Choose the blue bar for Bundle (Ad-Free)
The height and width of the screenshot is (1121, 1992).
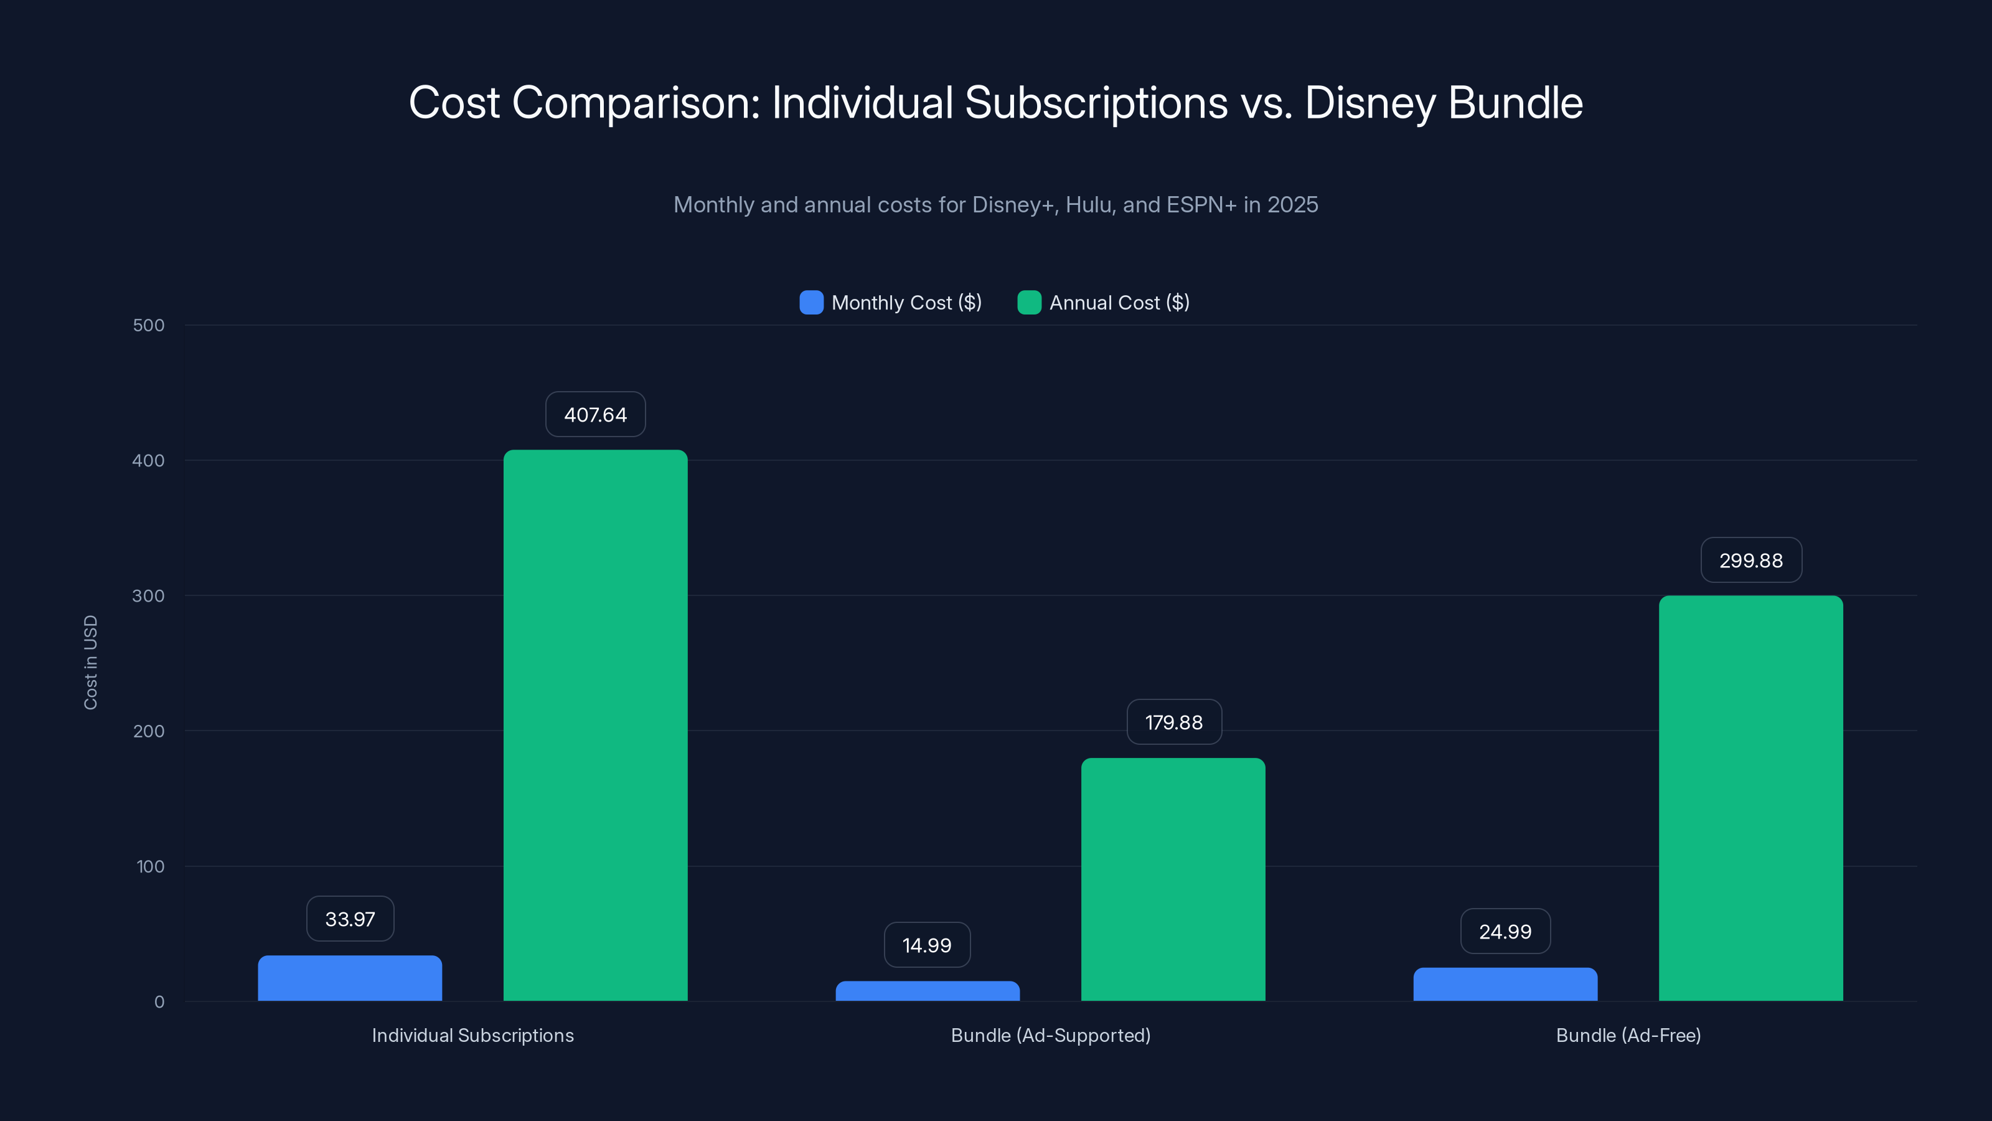(1505, 984)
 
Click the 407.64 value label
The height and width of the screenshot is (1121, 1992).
(596, 415)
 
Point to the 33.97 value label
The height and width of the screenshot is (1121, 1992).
(349, 919)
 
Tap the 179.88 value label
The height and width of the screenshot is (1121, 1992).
(1173, 722)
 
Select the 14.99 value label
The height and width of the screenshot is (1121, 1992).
(926, 945)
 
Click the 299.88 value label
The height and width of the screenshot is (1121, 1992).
(1750, 560)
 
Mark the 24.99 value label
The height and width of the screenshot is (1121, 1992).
(1505, 932)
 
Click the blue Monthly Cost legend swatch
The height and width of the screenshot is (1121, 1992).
(811, 303)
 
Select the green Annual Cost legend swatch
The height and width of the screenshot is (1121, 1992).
(1028, 303)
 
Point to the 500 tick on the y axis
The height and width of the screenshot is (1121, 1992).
(149, 325)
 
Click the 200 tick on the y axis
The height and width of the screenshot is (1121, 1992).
(149, 731)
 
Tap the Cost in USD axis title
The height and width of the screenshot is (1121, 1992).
(90, 662)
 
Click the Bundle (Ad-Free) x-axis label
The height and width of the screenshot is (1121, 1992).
(1628, 1035)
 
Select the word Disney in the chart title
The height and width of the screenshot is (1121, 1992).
(1370, 103)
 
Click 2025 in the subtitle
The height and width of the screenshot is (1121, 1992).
(1292, 204)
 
